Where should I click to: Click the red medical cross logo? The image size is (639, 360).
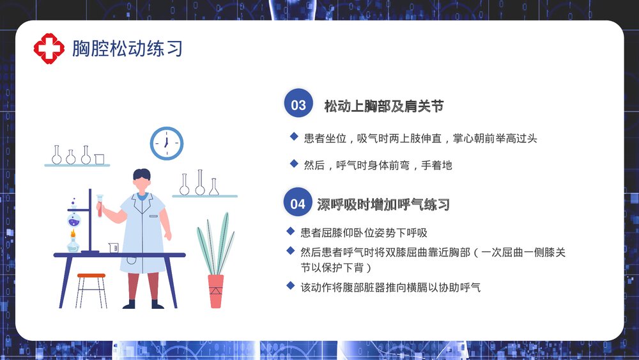pyautogui.click(x=49, y=49)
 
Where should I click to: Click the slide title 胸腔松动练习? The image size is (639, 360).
pyautogui.click(x=127, y=48)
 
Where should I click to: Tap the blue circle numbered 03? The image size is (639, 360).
pyautogui.click(x=298, y=105)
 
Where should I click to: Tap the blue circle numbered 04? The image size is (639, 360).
pyautogui.click(x=298, y=204)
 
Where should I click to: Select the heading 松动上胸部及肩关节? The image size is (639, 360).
pyautogui.click(x=383, y=106)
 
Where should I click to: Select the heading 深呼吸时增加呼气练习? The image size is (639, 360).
pyautogui.click(x=383, y=205)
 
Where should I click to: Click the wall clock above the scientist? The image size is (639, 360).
pyautogui.click(x=166, y=143)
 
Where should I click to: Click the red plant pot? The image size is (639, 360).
pyautogui.click(x=216, y=291)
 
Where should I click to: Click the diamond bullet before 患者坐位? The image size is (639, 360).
pyautogui.click(x=294, y=136)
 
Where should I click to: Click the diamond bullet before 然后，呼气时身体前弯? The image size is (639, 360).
pyautogui.click(x=294, y=164)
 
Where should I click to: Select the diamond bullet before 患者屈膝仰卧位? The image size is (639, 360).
pyautogui.click(x=291, y=231)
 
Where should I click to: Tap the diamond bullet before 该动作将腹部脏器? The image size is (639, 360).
pyautogui.click(x=291, y=286)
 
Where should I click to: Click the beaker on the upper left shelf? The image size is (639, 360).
pyautogui.click(x=100, y=159)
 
